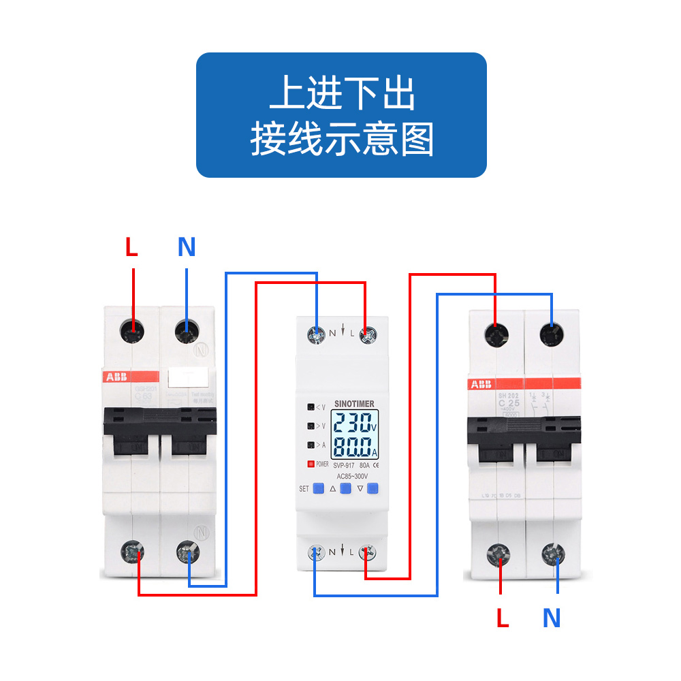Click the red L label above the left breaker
131,247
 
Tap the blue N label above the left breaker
187,247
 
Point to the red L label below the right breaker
503,618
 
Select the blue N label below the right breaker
552,618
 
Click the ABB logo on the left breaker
114,377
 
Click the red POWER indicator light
311,464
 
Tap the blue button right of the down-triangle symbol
373,488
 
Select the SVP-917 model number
339,466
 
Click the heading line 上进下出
342,94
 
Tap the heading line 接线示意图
342,140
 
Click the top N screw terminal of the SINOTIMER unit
316,334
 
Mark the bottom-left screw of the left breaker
132,552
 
